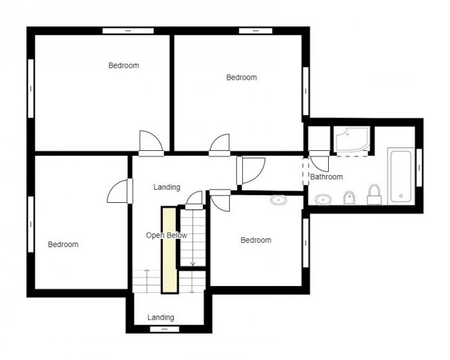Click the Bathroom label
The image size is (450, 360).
coord(326,177)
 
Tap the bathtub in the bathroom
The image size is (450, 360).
coord(401,176)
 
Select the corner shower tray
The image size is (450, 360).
coord(352,140)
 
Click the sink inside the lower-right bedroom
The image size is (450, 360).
coord(278,200)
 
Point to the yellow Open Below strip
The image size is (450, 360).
coord(169,250)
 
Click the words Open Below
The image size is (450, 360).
coord(166,235)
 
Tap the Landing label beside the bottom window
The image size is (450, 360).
coord(161,317)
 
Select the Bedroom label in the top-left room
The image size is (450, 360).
coord(124,66)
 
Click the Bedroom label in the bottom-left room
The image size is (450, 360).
coord(63,244)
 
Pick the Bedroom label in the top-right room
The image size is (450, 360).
coord(242,78)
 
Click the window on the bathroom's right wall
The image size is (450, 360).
coord(420,168)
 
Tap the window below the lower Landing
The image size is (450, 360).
coord(161,330)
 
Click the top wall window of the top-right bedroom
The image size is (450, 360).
coord(255,30)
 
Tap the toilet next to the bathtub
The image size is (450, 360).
coord(375,195)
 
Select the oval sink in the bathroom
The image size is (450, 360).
coord(323,199)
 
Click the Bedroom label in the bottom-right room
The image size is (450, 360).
coord(255,240)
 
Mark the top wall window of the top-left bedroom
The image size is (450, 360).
coord(128,30)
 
